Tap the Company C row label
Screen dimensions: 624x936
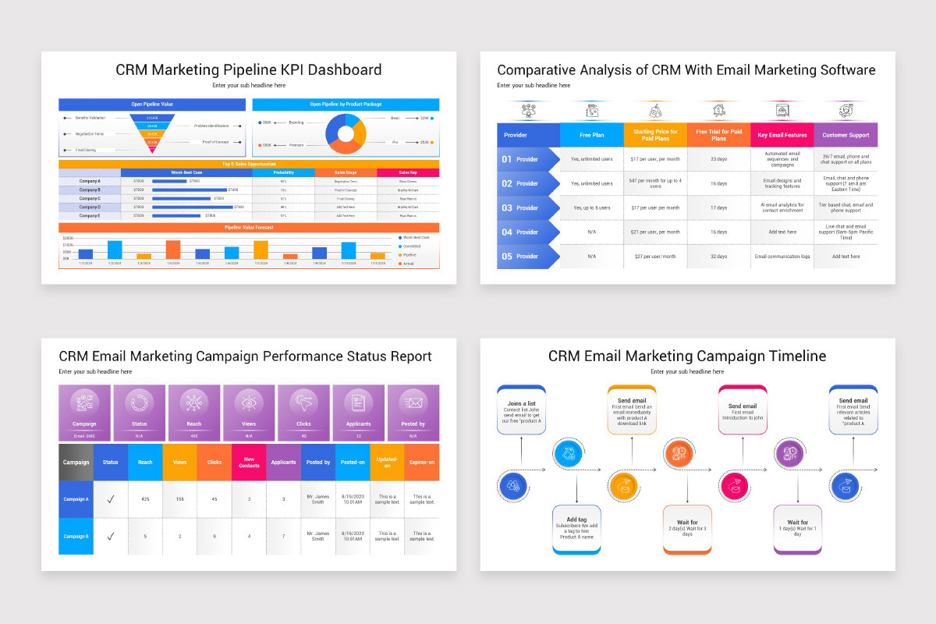pos(90,198)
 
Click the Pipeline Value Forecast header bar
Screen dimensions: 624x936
pos(249,227)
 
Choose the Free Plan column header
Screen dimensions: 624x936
pos(591,135)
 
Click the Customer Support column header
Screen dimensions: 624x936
pos(846,135)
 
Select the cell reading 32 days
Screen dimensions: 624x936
pos(718,256)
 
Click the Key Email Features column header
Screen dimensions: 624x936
pos(782,135)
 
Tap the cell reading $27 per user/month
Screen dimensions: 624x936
pos(655,256)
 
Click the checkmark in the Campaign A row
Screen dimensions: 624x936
pos(111,499)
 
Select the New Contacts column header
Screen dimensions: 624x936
pos(249,462)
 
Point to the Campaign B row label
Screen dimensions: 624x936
pos(76,536)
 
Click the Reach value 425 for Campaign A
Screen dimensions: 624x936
pos(145,499)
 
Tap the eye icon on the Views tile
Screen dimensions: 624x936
pos(249,402)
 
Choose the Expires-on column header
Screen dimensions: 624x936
pos(422,462)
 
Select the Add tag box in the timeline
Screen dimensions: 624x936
pos(576,528)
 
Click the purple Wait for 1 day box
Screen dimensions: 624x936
pos(797,528)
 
